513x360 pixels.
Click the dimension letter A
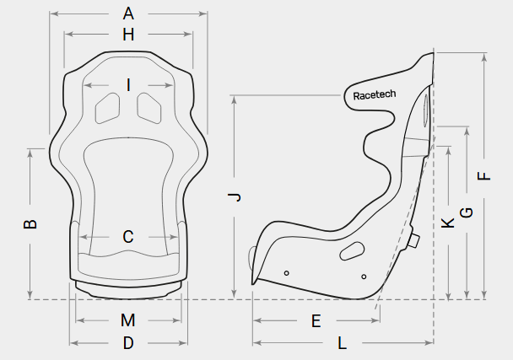point(128,13)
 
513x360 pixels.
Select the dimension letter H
point(128,35)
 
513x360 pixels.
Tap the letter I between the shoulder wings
point(128,85)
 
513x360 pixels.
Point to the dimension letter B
point(30,224)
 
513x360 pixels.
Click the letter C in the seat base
point(128,237)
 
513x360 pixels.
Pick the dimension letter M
point(128,320)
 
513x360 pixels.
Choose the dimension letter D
point(128,343)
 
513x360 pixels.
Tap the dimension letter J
point(235,196)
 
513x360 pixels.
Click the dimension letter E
point(316,321)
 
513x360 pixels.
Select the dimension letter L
point(343,343)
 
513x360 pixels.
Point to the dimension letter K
point(448,223)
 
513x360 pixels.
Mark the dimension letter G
point(467,212)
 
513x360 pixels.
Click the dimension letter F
point(484,176)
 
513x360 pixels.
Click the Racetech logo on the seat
point(375,94)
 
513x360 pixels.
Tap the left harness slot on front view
point(107,108)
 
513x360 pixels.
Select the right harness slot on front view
point(149,108)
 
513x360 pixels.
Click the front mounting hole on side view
point(287,273)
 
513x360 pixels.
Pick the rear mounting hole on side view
point(364,277)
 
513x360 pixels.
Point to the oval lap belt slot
point(352,251)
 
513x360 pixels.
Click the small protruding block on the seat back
point(413,240)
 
